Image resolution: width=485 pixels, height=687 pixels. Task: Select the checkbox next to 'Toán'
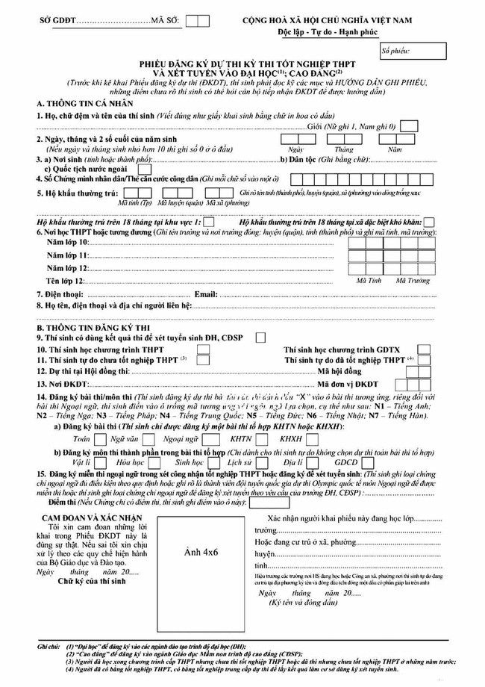[99, 439]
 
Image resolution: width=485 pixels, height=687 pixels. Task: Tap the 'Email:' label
[205, 294]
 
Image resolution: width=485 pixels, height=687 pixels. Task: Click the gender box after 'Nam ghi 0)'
[409, 125]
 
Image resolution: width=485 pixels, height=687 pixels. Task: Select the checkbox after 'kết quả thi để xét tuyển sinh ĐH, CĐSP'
[260, 338]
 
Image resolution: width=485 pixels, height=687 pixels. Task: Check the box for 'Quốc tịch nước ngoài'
[144, 168]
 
